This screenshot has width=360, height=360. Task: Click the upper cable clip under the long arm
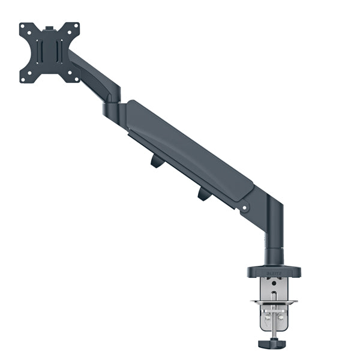157,160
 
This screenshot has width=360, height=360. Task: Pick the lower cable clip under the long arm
203,194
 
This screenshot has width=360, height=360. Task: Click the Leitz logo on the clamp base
274,272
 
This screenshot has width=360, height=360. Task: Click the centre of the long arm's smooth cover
189,150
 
